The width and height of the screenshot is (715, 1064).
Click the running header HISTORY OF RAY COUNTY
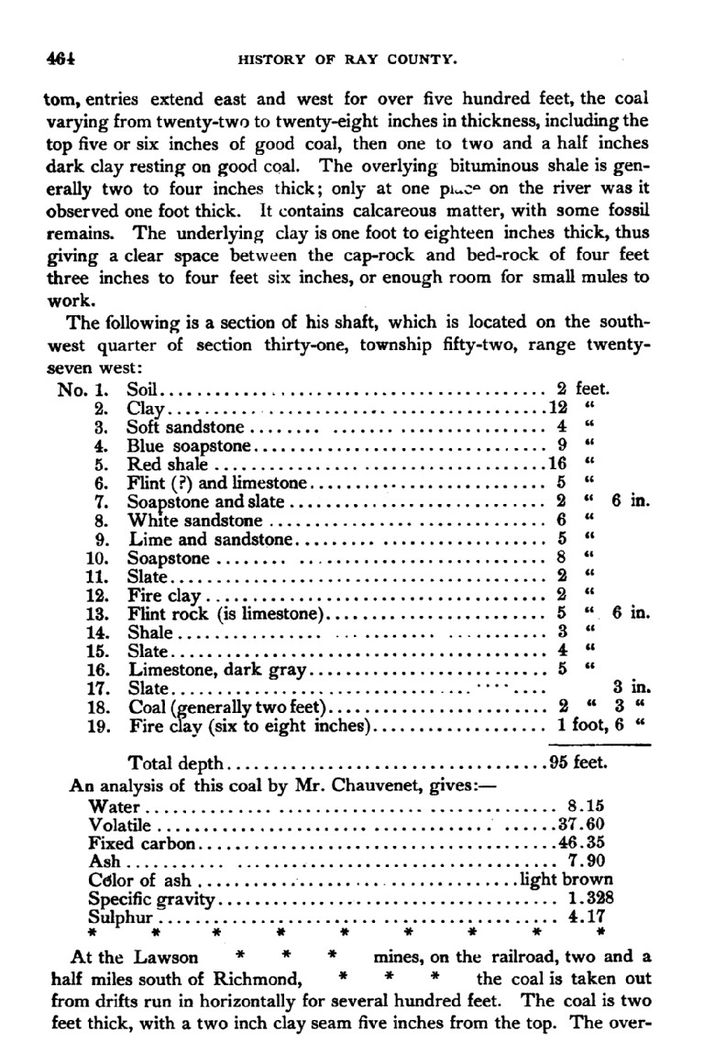347,61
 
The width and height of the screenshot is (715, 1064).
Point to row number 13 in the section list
96,613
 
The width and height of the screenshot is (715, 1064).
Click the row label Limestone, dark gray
220,670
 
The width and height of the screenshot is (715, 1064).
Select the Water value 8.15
586,806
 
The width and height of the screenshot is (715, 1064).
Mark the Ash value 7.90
586,861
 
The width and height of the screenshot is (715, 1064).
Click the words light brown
562,880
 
